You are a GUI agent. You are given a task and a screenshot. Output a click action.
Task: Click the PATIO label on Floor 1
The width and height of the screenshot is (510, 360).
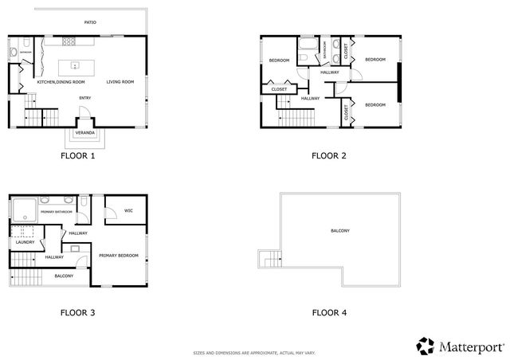[x=91, y=22]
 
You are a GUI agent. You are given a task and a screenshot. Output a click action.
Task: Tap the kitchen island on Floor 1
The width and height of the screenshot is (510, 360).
[x=75, y=65]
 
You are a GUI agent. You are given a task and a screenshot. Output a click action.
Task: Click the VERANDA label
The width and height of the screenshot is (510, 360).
[x=84, y=131]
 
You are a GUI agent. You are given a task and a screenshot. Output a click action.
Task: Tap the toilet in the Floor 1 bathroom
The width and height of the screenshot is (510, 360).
[x=14, y=53]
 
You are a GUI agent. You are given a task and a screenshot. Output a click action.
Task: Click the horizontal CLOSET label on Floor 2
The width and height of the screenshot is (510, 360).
[x=279, y=89]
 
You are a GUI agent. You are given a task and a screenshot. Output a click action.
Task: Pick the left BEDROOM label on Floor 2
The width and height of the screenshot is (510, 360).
[x=278, y=61]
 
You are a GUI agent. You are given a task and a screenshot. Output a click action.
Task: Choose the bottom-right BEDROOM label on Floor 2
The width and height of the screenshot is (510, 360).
[x=375, y=104]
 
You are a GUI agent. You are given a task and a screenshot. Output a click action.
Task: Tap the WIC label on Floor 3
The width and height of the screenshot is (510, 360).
[x=127, y=210]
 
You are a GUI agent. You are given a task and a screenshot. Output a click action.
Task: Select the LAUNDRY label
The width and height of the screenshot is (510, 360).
[x=25, y=241]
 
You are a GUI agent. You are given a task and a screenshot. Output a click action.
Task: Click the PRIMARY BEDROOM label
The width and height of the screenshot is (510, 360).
[x=119, y=255]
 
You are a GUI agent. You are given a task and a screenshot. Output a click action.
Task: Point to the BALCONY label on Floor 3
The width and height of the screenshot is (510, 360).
[x=65, y=276]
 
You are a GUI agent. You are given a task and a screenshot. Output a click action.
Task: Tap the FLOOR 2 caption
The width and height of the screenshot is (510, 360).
[x=328, y=155]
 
